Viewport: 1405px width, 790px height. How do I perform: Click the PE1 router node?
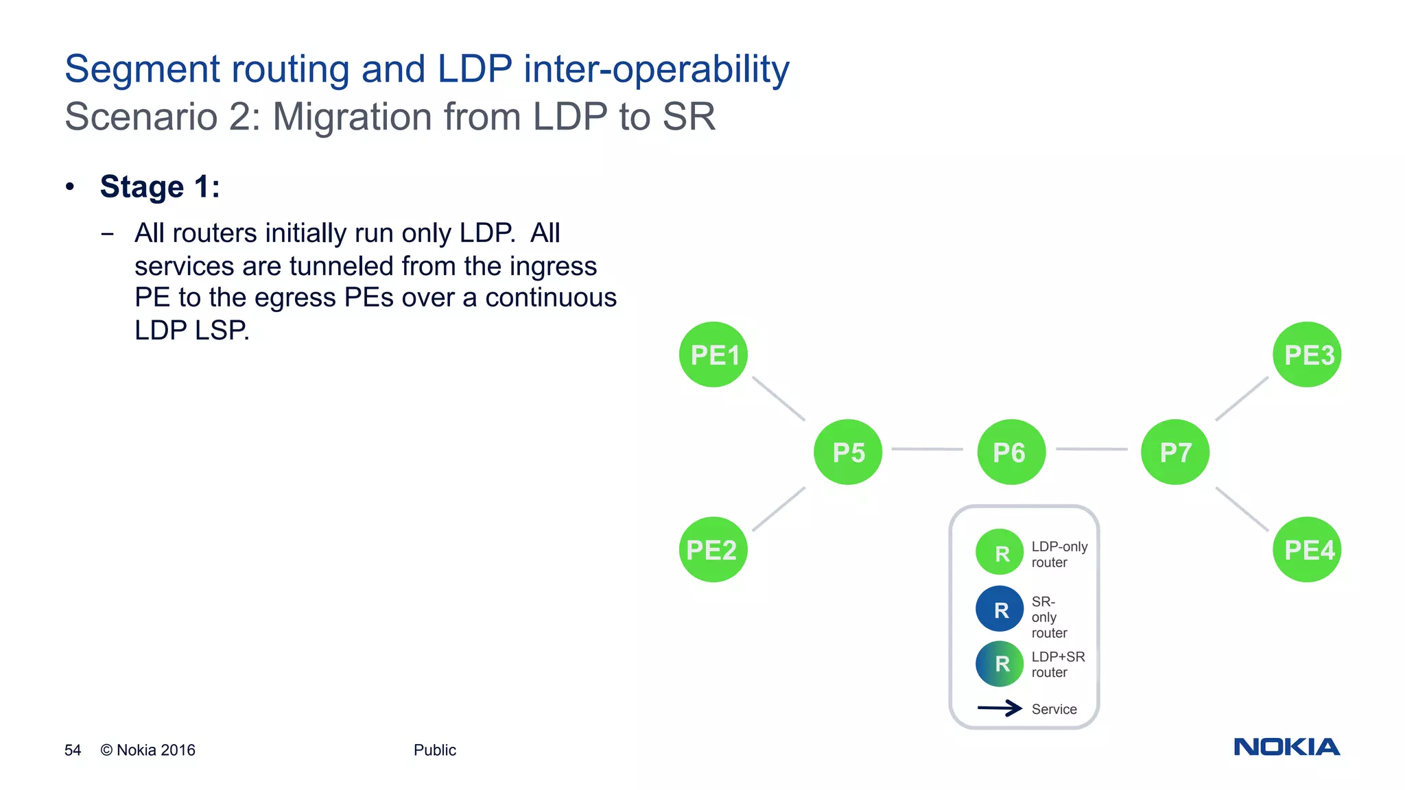pos(713,355)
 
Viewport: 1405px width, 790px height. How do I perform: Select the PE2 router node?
pos(713,549)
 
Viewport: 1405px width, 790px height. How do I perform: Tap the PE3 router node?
pos(1307,355)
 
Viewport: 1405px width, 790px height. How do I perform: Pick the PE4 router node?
pos(1307,549)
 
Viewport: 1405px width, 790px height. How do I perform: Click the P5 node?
pos(848,452)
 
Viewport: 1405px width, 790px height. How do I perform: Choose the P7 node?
pos(1175,452)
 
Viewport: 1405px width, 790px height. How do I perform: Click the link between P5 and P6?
pos(927,449)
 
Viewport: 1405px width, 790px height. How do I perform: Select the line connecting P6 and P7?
pos(1091,449)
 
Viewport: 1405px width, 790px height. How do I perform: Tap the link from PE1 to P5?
pos(779,398)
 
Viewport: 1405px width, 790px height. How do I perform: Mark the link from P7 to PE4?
pos(1242,510)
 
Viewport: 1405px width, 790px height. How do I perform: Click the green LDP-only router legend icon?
pos(1000,552)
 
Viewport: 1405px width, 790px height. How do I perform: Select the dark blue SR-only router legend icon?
pos(1000,609)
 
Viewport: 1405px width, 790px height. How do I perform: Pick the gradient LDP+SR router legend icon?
pos(1000,664)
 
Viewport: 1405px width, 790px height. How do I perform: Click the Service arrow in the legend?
pos(1000,708)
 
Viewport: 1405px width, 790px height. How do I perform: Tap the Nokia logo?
pos(1286,747)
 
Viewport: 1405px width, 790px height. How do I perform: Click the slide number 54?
pos(73,750)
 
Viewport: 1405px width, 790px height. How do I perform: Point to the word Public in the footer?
pos(434,750)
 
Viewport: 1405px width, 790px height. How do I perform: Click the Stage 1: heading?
pos(160,187)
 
